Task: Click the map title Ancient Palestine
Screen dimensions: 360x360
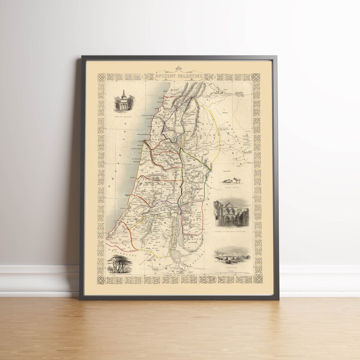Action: pyautogui.click(x=180, y=77)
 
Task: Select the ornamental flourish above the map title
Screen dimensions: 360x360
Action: pyautogui.click(x=180, y=71)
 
